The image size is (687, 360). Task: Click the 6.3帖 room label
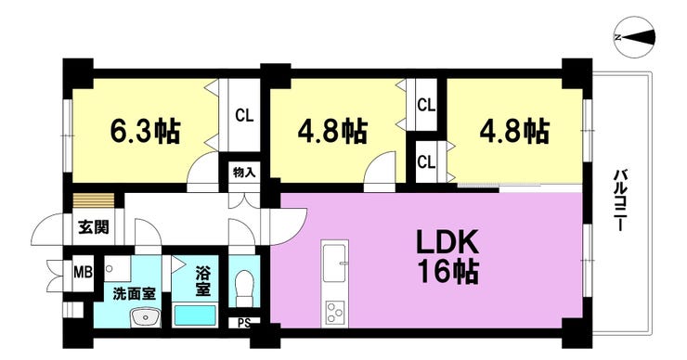144,132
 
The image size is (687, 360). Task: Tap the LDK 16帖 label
447,259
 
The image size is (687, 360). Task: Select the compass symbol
635,37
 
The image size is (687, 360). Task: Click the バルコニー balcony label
619,200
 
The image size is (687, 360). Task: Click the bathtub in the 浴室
195,315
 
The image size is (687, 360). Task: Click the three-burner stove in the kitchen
335,312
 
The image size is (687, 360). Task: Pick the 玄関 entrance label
94,227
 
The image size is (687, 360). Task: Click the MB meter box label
83,274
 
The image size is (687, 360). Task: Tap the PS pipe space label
244,324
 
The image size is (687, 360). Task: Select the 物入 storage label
243,173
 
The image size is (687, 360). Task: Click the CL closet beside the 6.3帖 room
244,116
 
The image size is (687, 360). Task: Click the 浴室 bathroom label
203,280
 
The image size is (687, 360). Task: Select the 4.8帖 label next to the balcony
514,132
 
